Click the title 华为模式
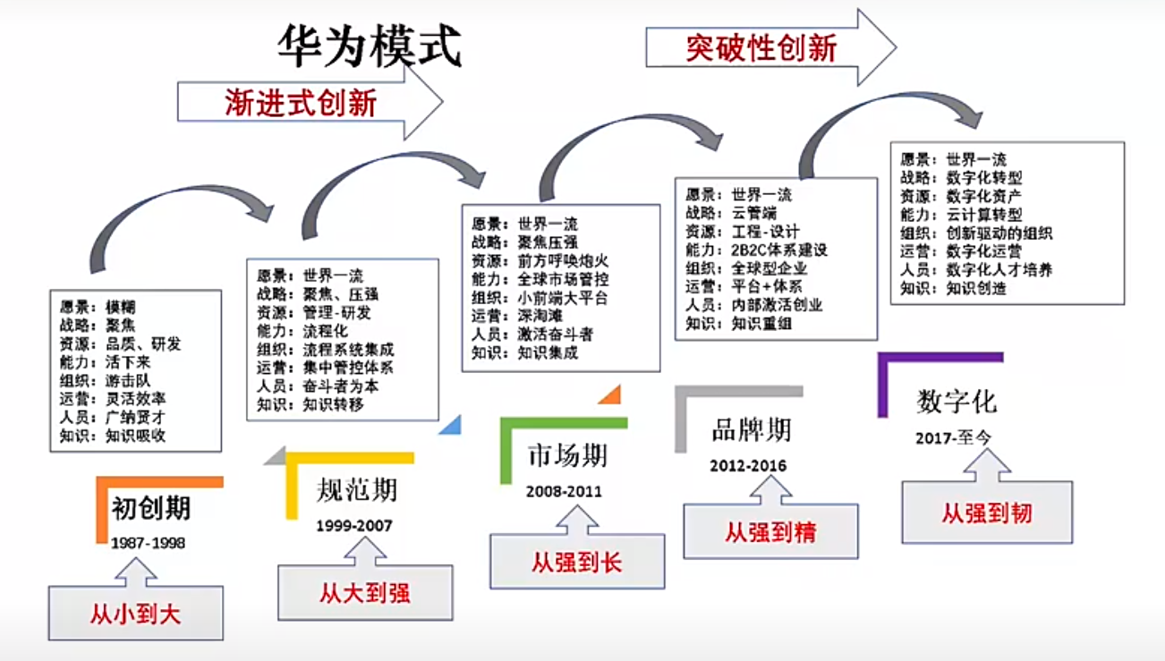pyautogui.click(x=369, y=46)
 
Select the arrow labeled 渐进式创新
pyautogui.click(x=300, y=103)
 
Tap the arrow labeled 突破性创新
pyautogui.click(x=761, y=47)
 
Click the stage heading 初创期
pyautogui.click(x=151, y=508)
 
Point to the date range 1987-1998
pyautogui.click(x=148, y=543)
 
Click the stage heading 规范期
pyautogui.click(x=356, y=490)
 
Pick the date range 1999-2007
pyautogui.click(x=353, y=525)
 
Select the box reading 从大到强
pyautogui.click(x=365, y=592)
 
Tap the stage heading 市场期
pyautogui.click(x=567, y=455)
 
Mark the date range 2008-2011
pyautogui.click(x=564, y=491)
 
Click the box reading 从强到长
pyautogui.click(x=576, y=562)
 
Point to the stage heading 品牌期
pyautogui.click(x=752, y=430)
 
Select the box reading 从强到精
pyautogui.click(x=770, y=533)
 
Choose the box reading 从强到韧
pyautogui.click(x=986, y=513)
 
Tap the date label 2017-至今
pyautogui.click(x=954, y=438)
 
